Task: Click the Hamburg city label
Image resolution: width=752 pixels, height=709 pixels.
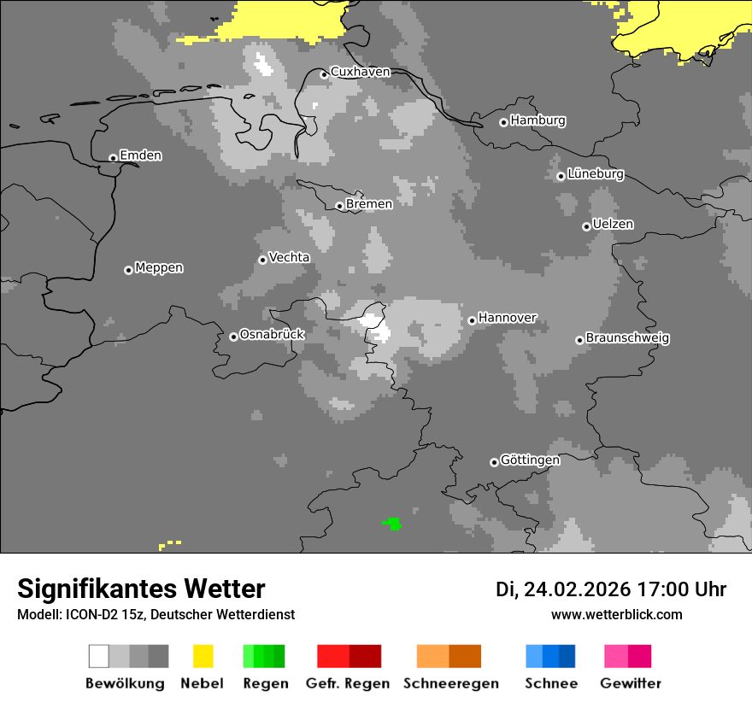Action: click(x=538, y=120)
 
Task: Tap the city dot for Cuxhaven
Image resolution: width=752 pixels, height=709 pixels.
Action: click(x=324, y=75)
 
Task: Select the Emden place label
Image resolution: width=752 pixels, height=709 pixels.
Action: click(x=140, y=155)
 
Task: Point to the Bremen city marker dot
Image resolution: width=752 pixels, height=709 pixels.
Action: click(x=339, y=206)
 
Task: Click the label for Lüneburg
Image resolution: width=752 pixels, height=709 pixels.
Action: click(x=596, y=174)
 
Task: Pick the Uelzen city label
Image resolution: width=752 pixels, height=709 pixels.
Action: click(x=613, y=225)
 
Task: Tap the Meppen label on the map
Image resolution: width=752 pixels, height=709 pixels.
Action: click(x=159, y=268)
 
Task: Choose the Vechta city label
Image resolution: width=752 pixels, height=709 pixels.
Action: click(x=289, y=257)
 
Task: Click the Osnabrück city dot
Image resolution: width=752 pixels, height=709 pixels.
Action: click(x=233, y=337)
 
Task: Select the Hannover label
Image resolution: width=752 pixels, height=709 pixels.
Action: click(x=508, y=318)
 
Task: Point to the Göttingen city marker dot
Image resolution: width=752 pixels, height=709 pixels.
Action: click(x=494, y=462)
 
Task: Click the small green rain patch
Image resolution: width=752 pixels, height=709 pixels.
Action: click(x=393, y=523)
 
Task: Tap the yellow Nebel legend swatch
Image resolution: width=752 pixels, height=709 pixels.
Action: click(x=203, y=656)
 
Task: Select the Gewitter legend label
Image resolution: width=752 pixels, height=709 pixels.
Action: click(x=631, y=683)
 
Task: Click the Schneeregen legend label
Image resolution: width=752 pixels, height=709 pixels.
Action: click(x=451, y=683)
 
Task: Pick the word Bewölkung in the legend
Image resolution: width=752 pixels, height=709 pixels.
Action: click(x=125, y=683)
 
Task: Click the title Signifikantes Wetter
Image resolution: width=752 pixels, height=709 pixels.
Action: click(x=141, y=589)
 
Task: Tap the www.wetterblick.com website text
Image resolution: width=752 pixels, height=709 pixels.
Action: click(x=616, y=614)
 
